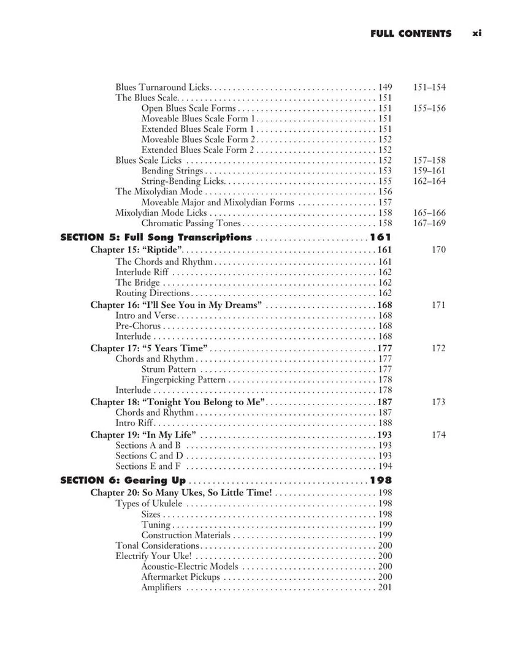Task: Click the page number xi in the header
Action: (477, 34)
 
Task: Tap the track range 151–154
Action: (429, 87)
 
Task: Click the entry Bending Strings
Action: (172, 171)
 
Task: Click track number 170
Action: (438, 250)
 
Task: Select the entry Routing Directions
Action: (153, 293)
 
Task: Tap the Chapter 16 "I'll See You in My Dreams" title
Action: (177, 305)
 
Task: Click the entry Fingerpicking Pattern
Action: (183, 380)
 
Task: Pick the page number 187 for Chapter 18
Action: (384, 402)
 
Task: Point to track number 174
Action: (438, 435)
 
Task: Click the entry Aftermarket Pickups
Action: (180, 577)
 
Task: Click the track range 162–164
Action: (429, 181)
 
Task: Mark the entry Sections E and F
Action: (148, 466)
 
